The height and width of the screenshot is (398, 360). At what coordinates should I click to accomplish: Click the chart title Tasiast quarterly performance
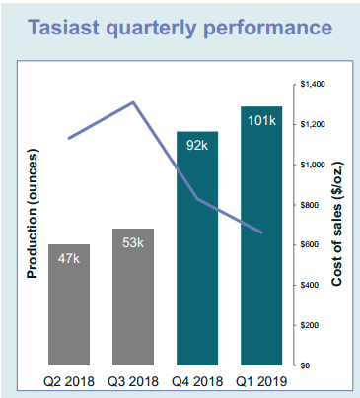pos(180,27)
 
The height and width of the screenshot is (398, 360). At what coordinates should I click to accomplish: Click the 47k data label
pos(68,258)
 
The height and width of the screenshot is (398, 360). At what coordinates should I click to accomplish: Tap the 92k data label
pos(197,146)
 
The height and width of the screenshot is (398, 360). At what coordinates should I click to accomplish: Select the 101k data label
pos(261,121)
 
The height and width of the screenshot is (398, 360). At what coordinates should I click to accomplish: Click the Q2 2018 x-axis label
pos(68,379)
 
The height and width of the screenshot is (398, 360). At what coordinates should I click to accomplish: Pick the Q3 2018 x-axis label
pos(133,379)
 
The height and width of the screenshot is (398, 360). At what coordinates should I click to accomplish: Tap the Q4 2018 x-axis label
pos(197,379)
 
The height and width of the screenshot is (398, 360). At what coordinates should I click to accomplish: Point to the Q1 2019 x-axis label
pos(261,379)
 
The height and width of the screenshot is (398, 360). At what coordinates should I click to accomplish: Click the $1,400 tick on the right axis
pos(313,84)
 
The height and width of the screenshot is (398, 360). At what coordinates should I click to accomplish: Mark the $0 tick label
pos(306,365)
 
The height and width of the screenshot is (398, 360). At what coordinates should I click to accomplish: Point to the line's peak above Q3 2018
pos(133,102)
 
